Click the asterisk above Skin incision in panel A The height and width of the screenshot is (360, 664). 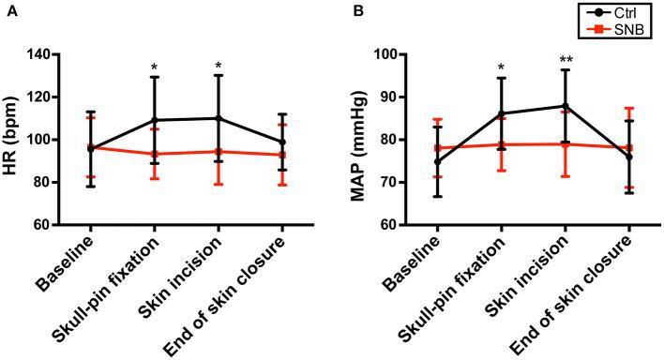coord(218,67)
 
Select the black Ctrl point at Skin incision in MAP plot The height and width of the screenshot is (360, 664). coord(566,106)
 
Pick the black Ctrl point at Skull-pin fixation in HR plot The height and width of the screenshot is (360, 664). coord(154,120)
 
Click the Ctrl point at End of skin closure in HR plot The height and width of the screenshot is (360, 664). coord(281,142)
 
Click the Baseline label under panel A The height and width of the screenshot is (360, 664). coord(71,265)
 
